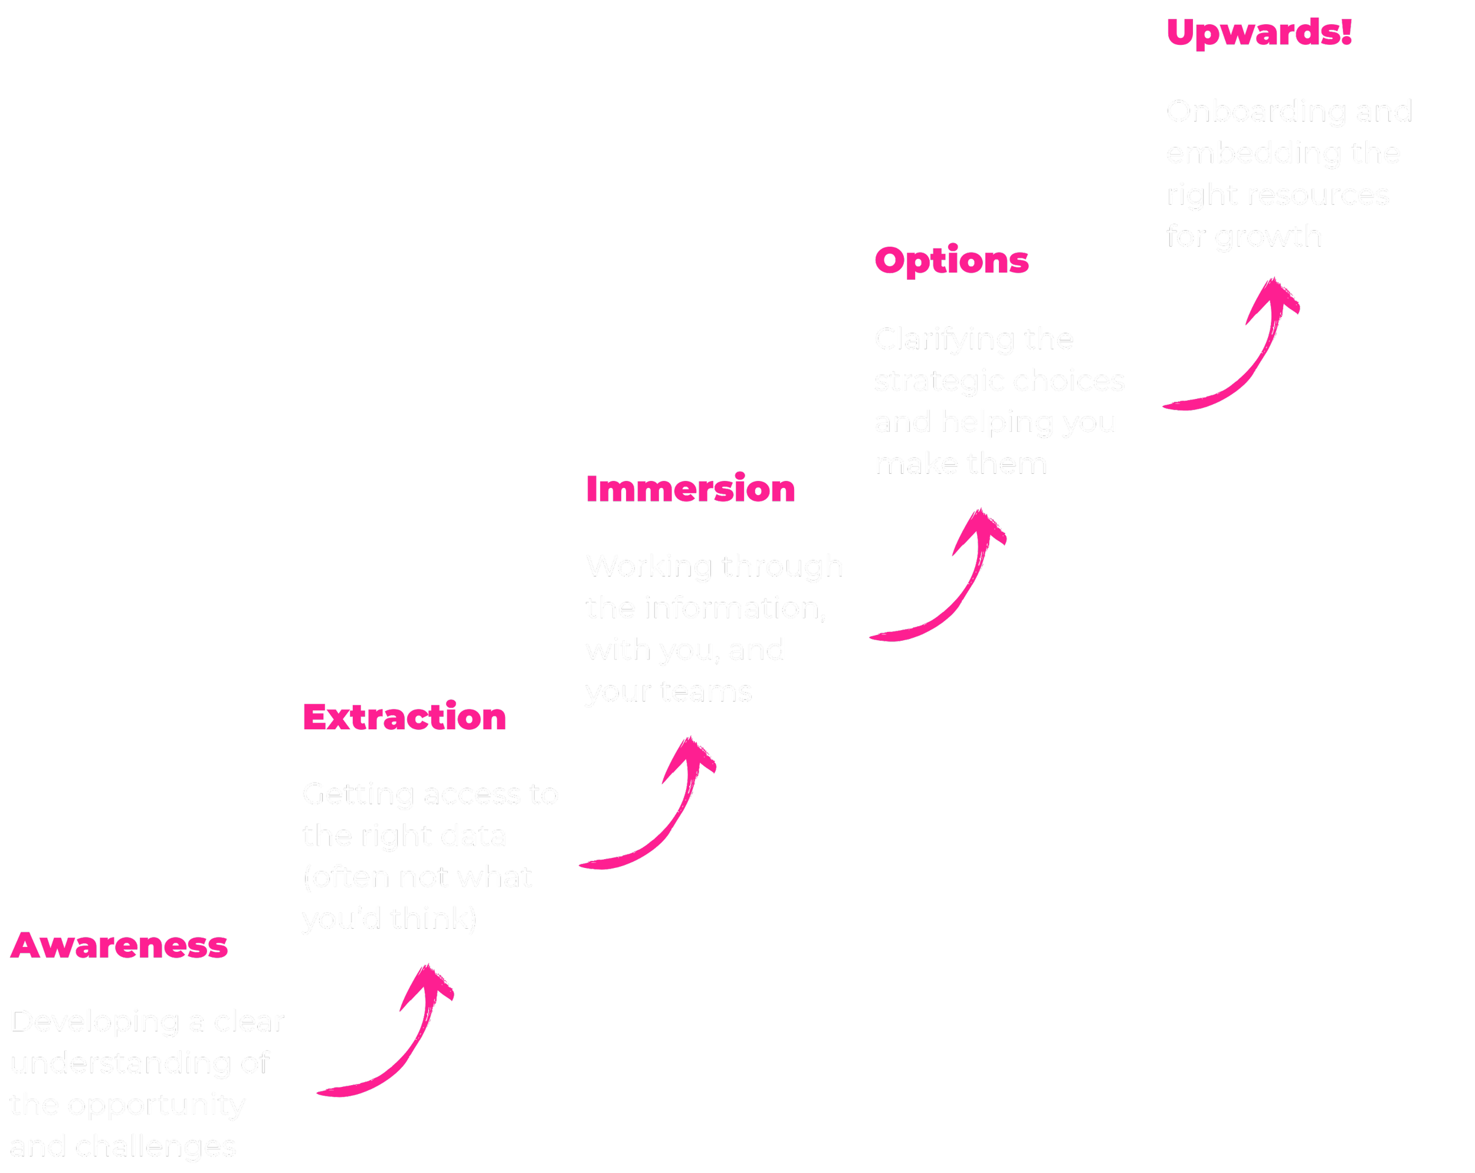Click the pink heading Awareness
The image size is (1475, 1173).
pos(119,946)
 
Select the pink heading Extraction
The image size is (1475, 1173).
pos(404,717)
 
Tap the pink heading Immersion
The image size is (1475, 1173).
pos(690,489)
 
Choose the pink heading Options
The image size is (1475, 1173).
pos(952,261)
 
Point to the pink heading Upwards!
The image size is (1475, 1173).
pos(1259,32)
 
